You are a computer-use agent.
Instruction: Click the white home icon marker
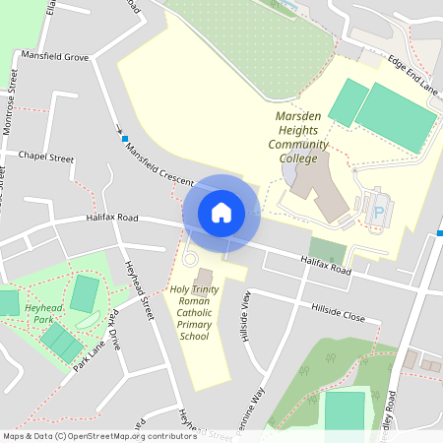click(x=221, y=213)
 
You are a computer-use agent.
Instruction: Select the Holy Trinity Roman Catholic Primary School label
click(x=193, y=312)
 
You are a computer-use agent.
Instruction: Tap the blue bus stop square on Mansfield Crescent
click(x=124, y=138)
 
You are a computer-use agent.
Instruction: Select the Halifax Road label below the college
click(x=326, y=263)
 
